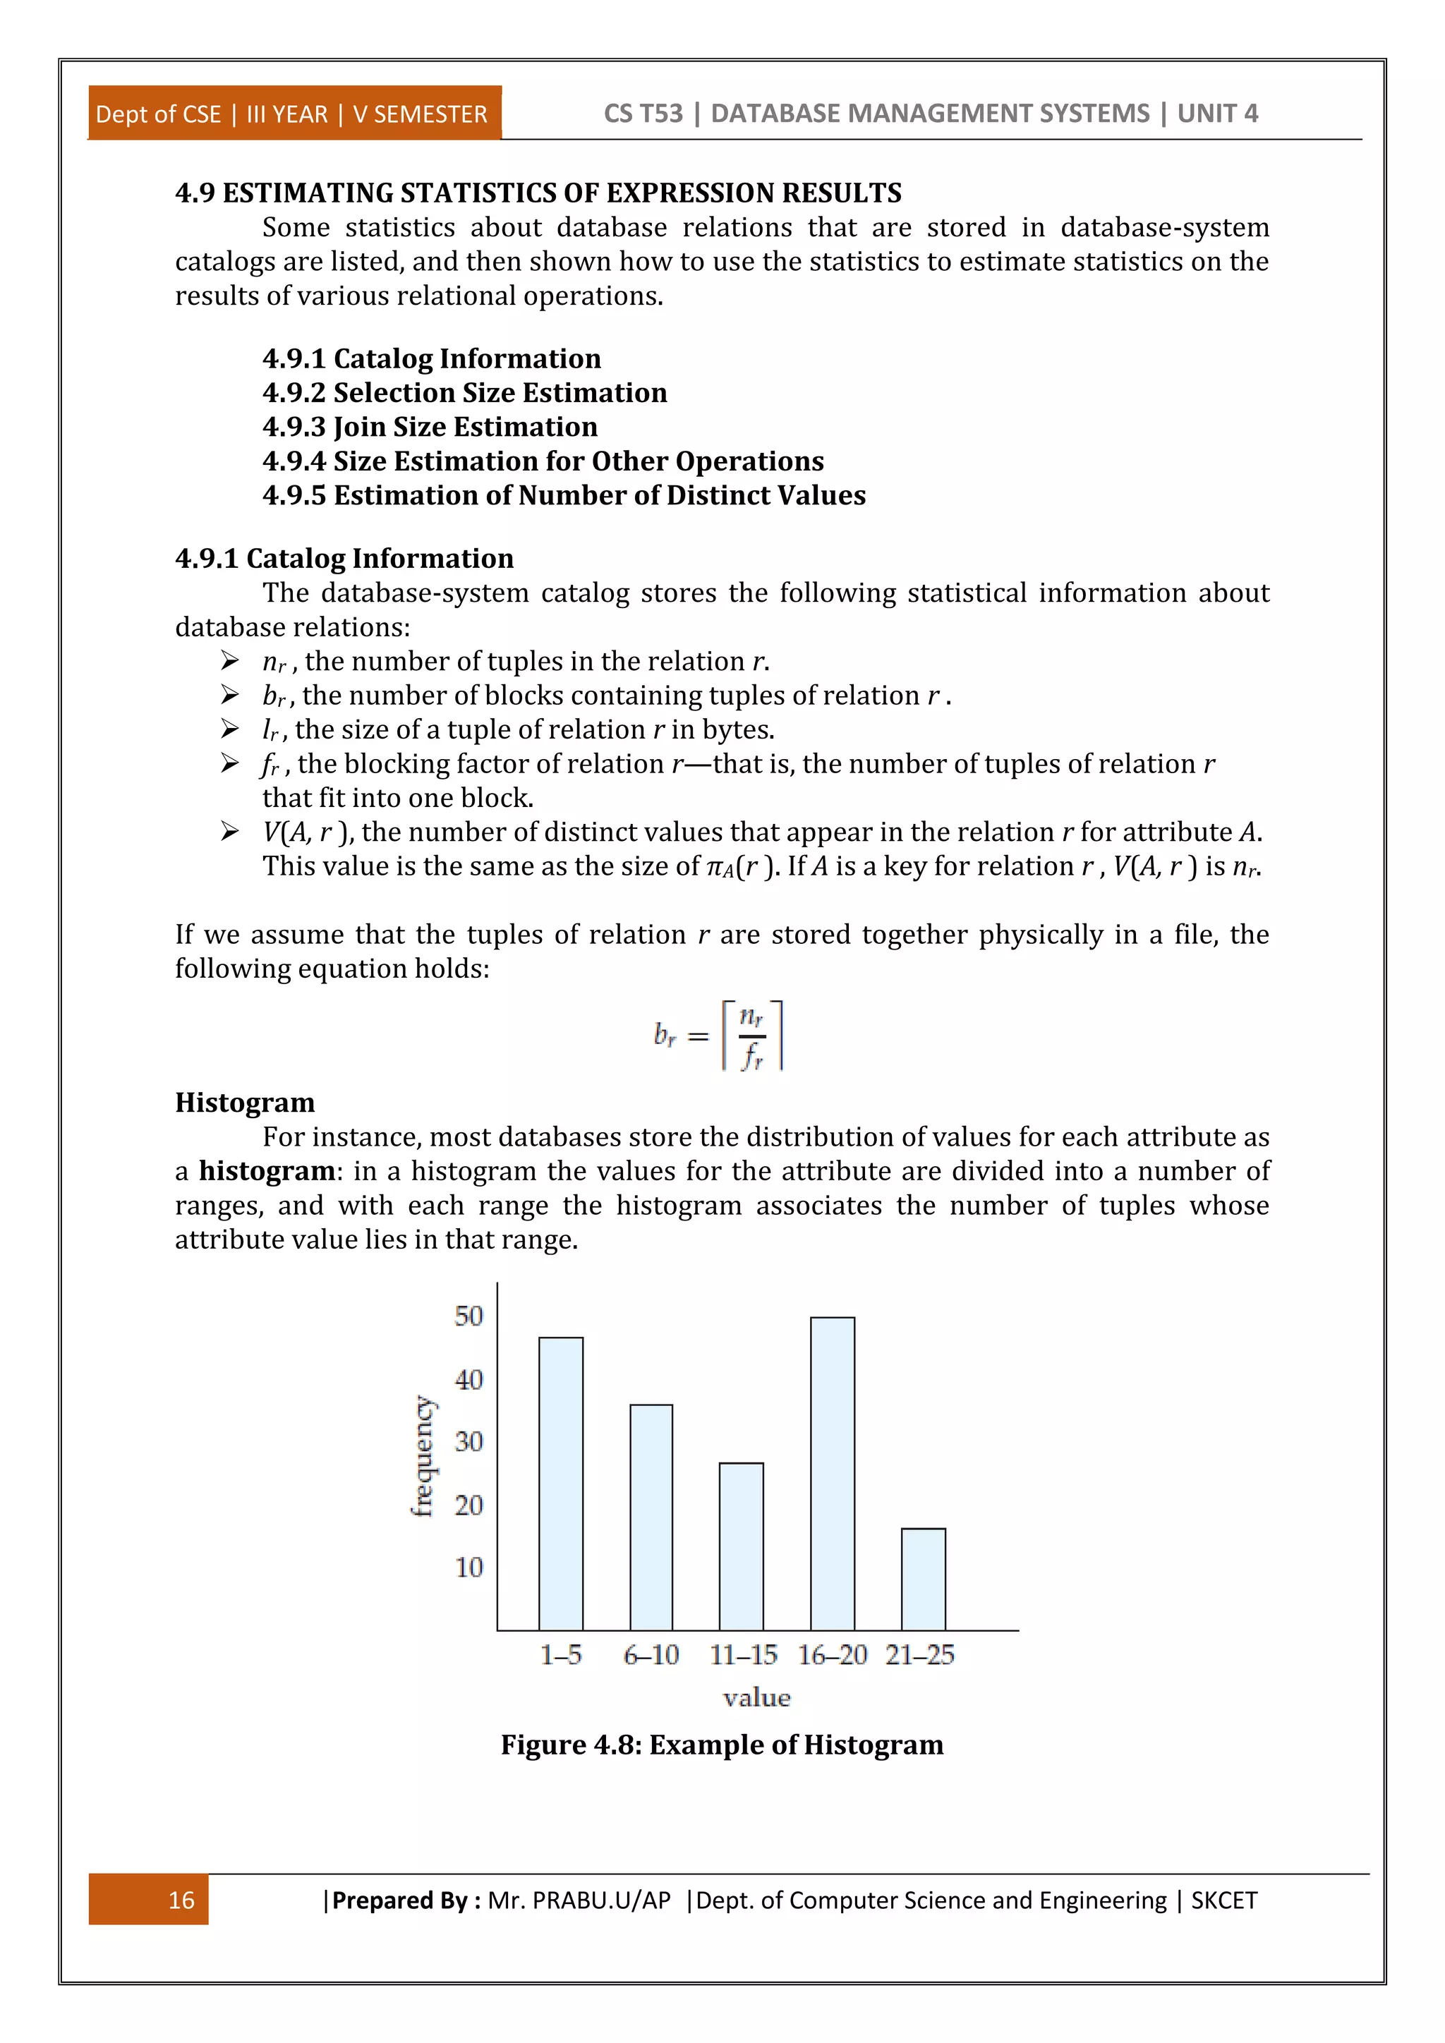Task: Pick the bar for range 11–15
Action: tap(741, 1546)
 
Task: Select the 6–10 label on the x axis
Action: tap(651, 1655)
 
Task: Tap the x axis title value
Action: tap(756, 1698)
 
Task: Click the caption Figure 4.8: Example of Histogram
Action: tap(722, 1745)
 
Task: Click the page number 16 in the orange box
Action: tap(181, 1900)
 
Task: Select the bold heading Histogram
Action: tap(245, 1103)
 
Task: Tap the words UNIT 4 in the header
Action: tap(1217, 114)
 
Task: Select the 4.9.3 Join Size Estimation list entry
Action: tap(430, 427)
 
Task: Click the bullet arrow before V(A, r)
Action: tap(229, 832)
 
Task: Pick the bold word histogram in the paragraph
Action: tap(267, 1171)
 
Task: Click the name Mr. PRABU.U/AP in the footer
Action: tap(579, 1900)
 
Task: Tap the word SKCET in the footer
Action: tap(1223, 1900)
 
